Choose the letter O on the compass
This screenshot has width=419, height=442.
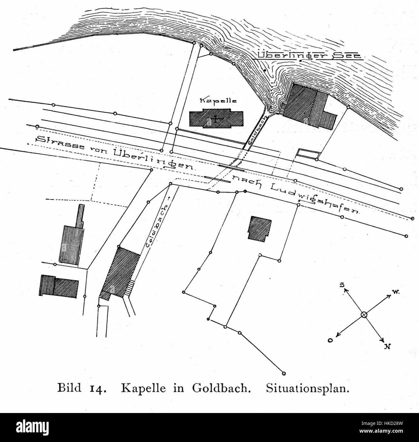[x=330, y=340]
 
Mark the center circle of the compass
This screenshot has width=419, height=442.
[x=364, y=315]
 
